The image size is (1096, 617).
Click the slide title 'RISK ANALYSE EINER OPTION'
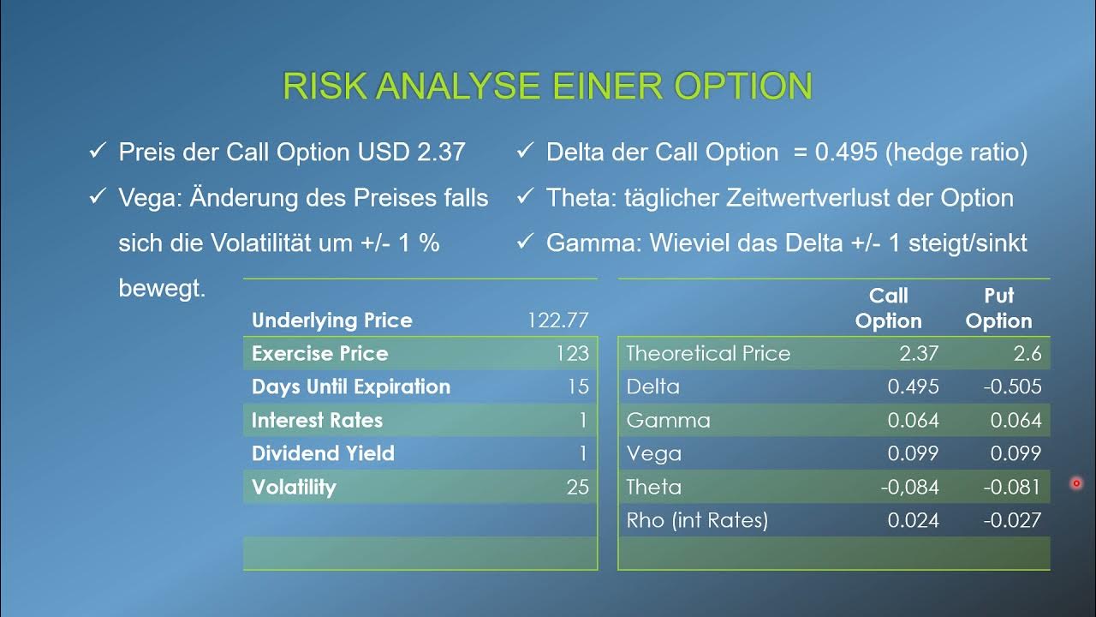pos(547,87)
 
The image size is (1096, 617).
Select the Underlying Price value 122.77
pos(558,320)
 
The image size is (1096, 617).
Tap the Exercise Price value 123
pos(572,354)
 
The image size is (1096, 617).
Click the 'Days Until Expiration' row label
pos(350,386)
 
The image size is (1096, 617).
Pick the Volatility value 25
pos(577,488)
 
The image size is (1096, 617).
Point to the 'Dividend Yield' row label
pos(323,453)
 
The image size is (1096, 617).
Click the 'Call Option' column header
pos(888,308)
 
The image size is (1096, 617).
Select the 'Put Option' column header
pos(998,308)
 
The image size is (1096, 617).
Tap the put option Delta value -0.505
pos(1012,386)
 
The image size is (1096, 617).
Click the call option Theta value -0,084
pos(909,488)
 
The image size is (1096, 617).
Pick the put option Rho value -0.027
pos(1012,520)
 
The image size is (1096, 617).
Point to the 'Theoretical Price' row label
pos(708,354)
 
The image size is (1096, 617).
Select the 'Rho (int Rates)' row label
pos(697,520)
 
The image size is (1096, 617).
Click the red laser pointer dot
pos(1076,483)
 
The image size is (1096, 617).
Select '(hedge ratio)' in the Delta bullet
pos(956,153)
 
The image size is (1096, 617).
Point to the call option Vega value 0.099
pos(913,453)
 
